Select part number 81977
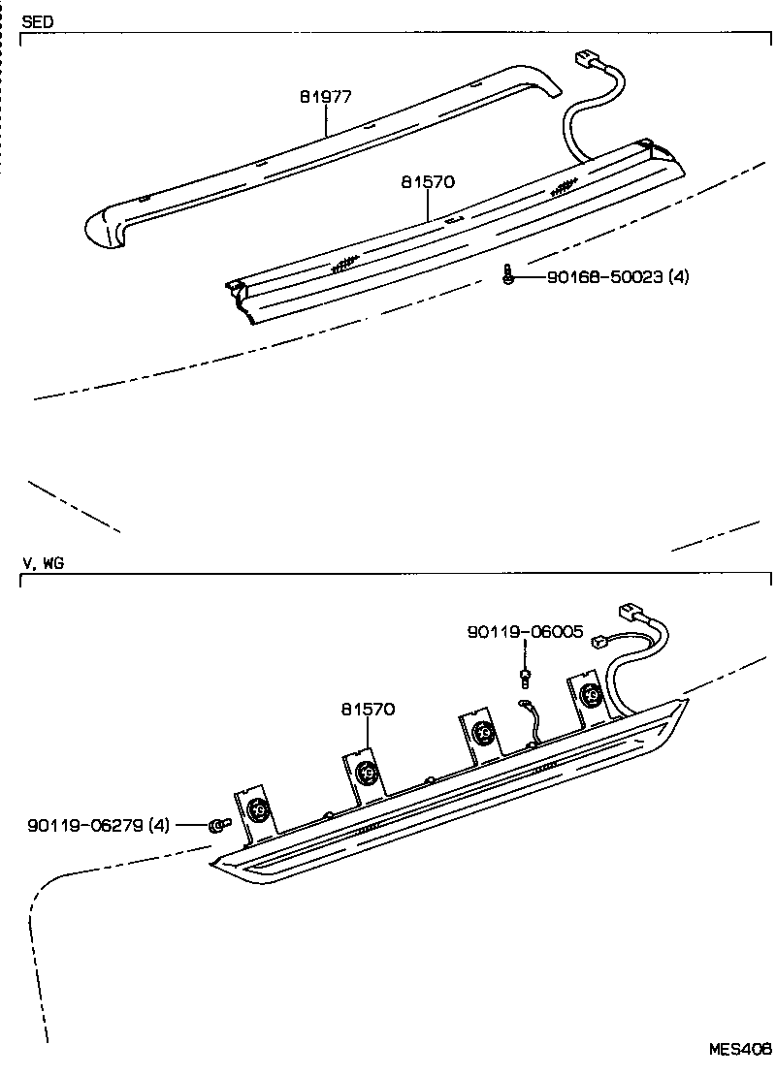[326, 97]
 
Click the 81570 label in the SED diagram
[428, 181]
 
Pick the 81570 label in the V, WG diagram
[369, 709]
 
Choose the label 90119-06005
[525, 631]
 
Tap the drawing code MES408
[739, 1050]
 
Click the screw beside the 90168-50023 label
[507, 276]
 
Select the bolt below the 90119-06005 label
[525, 676]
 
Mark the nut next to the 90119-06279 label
[216, 826]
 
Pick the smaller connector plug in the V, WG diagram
[601, 641]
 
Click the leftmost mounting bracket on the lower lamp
[257, 808]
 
